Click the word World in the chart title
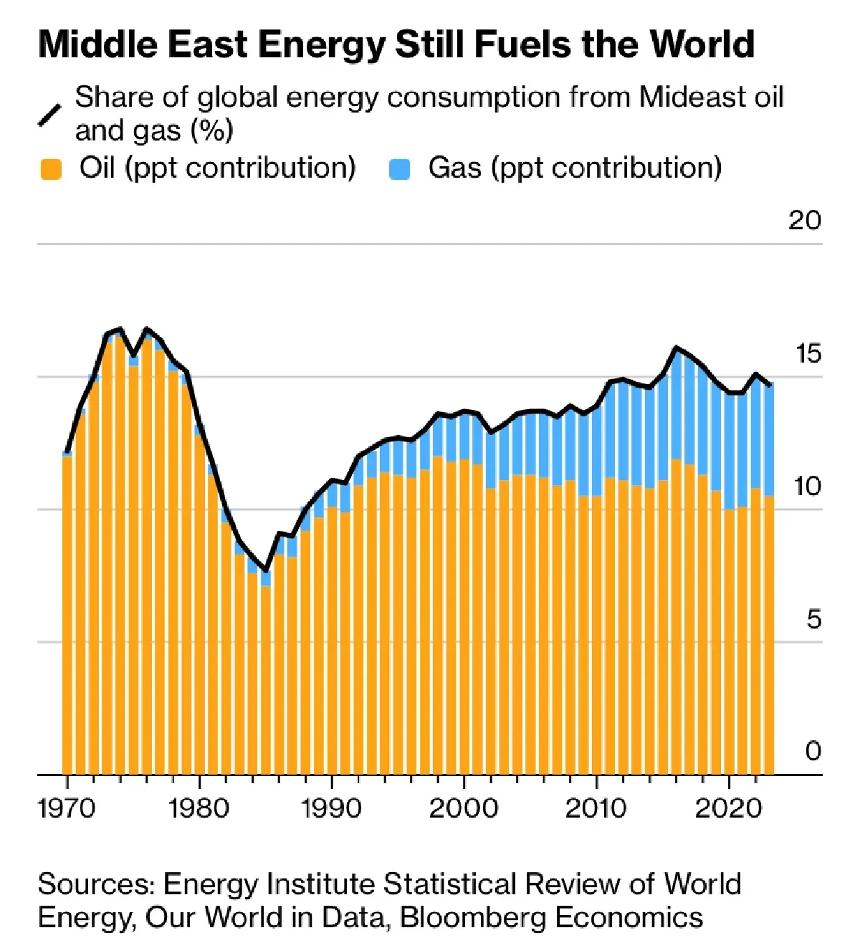click(702, 44)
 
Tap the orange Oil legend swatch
click(51, 169)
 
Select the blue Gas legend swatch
click(399, 169)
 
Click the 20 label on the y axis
click(804, 220)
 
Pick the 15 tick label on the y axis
click(808, 353)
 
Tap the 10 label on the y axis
click(807, 486)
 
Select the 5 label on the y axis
click(813, 619)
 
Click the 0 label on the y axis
click(813, 751)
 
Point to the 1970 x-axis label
click(66, 808)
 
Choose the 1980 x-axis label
click(199, 808)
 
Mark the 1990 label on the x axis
click(331, 808)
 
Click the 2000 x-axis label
click(464, 808)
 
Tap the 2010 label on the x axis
click(596, 808)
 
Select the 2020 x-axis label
click(729, 808)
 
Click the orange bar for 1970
click(67, 616)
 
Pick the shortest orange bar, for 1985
click(266, 681)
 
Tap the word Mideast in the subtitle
click(687, 97)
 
